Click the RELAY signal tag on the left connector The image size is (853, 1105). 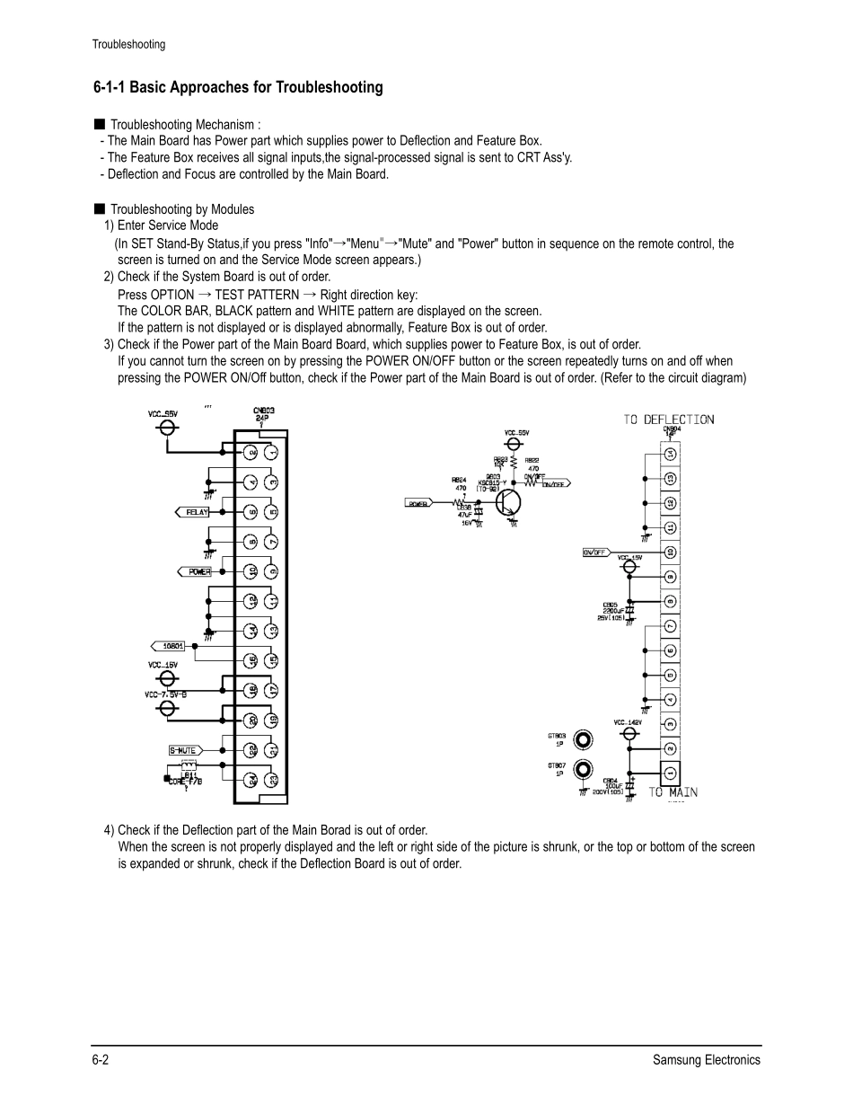192,512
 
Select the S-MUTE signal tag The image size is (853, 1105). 182,750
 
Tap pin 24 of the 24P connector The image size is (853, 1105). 252,779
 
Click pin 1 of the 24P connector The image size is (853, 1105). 271,453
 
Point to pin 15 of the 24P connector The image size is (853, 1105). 271,660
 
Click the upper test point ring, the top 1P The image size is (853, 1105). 584,740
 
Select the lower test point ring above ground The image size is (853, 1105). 584,770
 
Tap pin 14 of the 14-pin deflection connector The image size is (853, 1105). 670,454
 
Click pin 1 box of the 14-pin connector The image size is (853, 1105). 670,772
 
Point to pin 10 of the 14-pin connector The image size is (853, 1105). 670,552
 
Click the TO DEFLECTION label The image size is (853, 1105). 669,420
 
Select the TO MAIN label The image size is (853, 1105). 673,792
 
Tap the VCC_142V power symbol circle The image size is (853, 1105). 629,733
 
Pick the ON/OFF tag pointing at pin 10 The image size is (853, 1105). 595,552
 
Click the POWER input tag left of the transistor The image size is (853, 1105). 418,504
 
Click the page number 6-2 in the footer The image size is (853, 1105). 101,1059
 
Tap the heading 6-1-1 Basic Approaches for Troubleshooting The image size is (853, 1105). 238,87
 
